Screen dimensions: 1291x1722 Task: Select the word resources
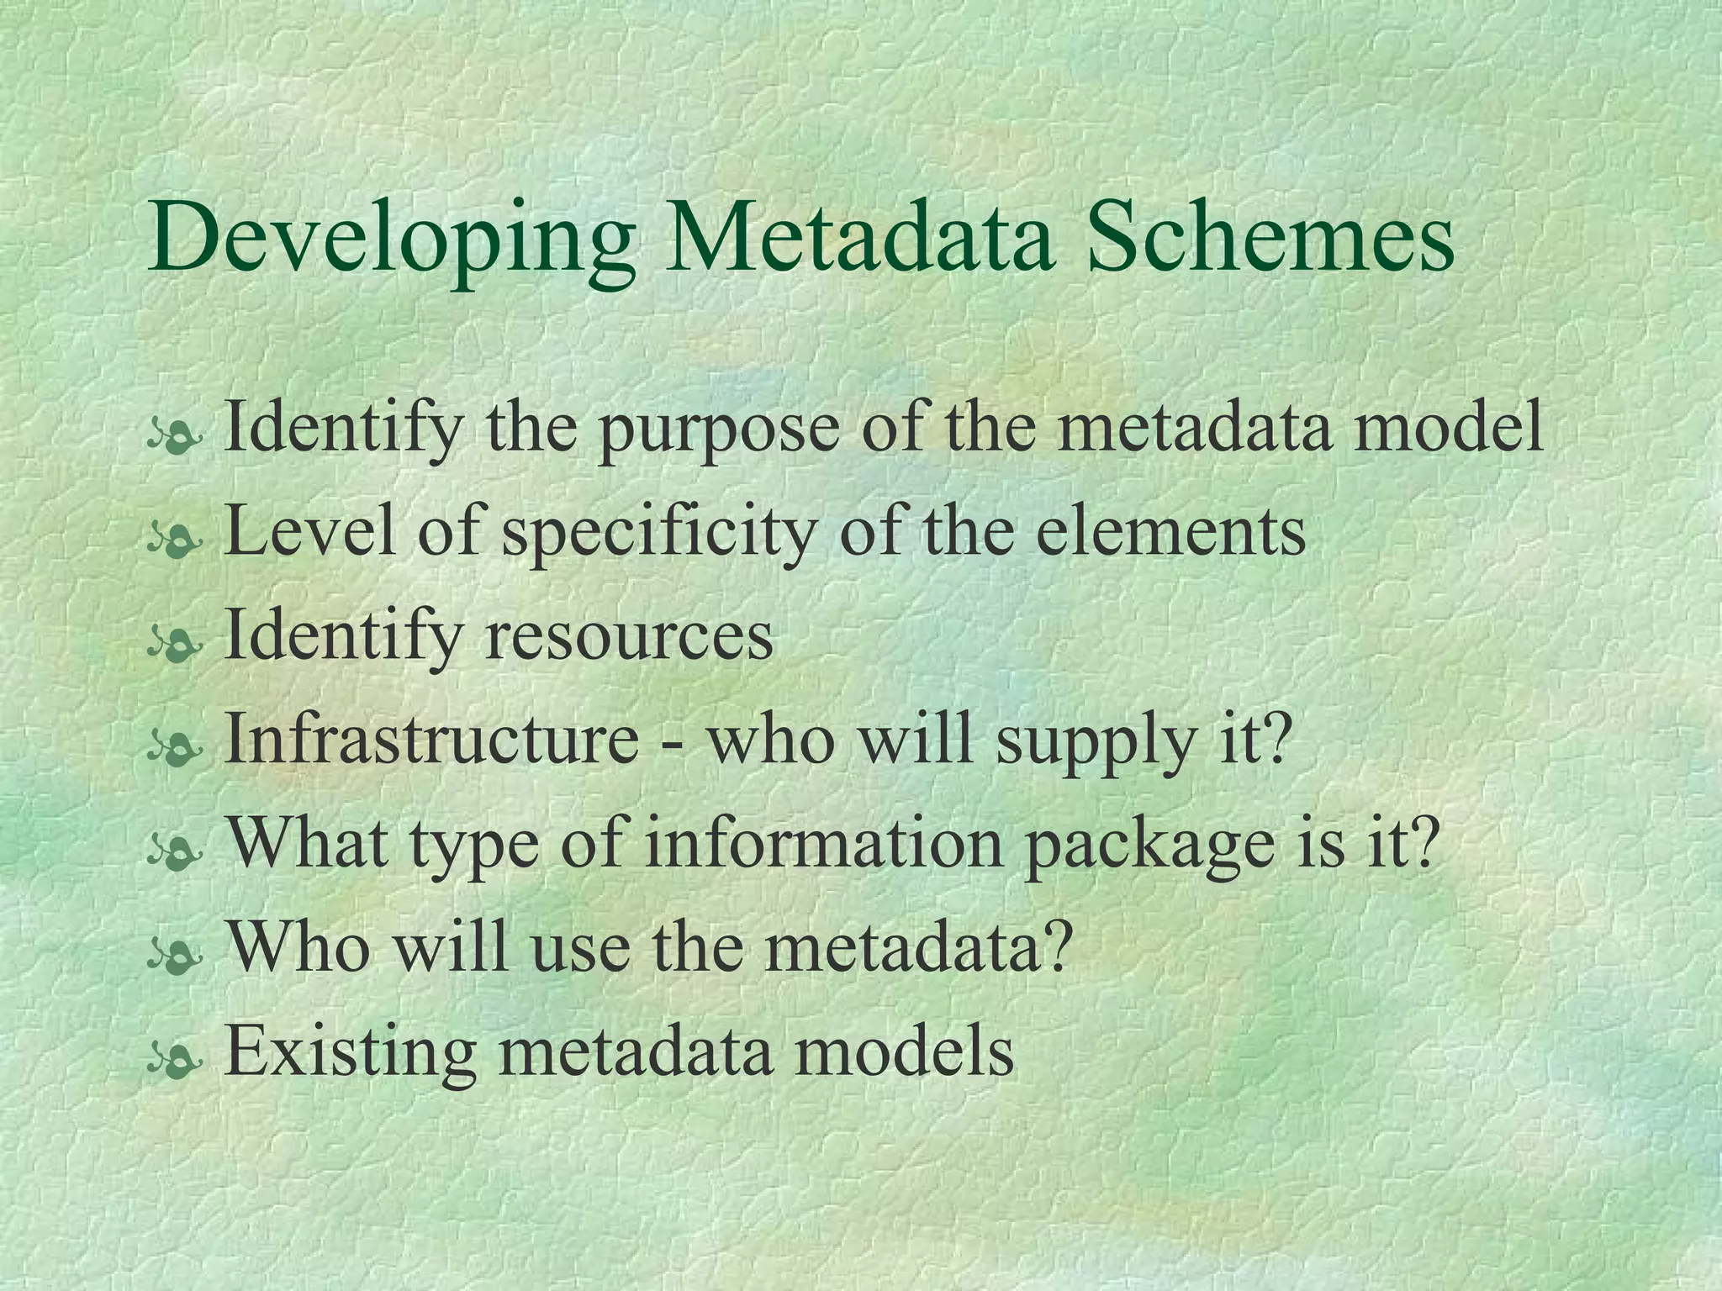click(628, 635)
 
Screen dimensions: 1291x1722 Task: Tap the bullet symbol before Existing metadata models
click(174, 1062)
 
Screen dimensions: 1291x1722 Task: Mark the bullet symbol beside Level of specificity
click(174, 540)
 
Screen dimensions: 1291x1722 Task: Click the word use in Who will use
click(580, 946)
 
